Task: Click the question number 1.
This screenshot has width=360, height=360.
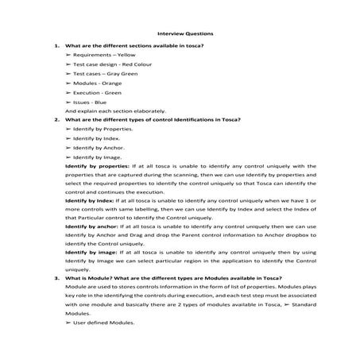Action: (56, 45)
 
